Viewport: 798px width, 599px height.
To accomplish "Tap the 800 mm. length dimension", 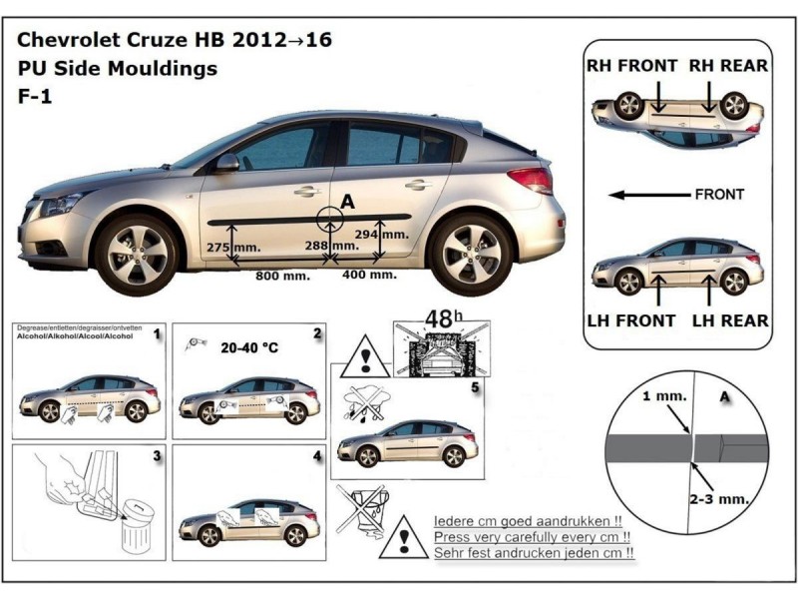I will click(x=281, y=275).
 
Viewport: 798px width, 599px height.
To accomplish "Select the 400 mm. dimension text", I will click(x=370, y=274).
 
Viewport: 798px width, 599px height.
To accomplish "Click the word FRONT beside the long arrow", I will click(x=719, y=195).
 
